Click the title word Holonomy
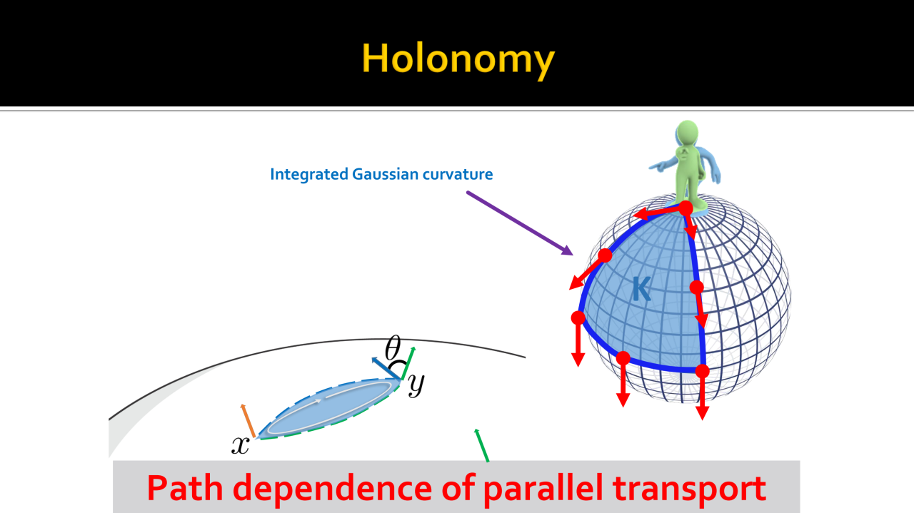[458, 59]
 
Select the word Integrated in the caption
[309, 175]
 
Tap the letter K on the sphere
[641, 289]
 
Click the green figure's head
[687, 132]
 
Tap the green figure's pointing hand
[657, 165]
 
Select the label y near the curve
[416, 384]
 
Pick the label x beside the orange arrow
[241, 445]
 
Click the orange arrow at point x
[248, 420]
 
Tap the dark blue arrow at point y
[386, 368]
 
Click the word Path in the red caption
[185, 488]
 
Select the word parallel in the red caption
[543, 489]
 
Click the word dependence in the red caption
[333, 488]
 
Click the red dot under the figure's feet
[685, 208]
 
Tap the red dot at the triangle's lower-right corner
[702, 371]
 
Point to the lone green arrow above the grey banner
[481, 445]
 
